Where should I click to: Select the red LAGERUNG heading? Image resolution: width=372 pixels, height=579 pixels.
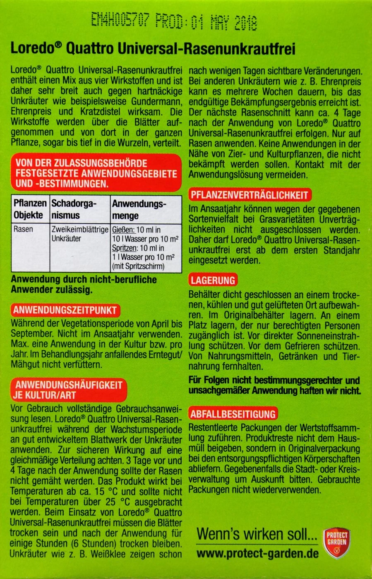(213, 280)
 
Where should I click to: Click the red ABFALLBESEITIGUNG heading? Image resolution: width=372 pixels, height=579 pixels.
(233, 414)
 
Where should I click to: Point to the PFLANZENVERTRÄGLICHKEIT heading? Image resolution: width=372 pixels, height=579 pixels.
(249, 195)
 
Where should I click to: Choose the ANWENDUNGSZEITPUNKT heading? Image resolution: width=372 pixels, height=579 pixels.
(65, 310)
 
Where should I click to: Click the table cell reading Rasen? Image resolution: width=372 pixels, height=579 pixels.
(24, 229)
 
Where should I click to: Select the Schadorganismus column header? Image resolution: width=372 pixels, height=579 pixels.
(74, 209)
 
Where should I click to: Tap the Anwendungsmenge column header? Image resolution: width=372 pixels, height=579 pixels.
(139, 209)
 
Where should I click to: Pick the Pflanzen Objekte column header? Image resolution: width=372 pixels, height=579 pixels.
(30, 209)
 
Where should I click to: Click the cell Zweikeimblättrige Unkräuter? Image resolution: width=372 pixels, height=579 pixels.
(80, 234)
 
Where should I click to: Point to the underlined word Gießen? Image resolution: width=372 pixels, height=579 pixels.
(123, 230)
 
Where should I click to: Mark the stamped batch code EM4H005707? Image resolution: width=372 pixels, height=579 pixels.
(120, 19)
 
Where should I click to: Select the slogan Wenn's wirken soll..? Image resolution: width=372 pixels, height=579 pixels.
(257, 534)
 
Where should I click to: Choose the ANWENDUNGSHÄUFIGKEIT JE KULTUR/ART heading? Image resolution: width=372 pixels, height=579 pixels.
(69, 390)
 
